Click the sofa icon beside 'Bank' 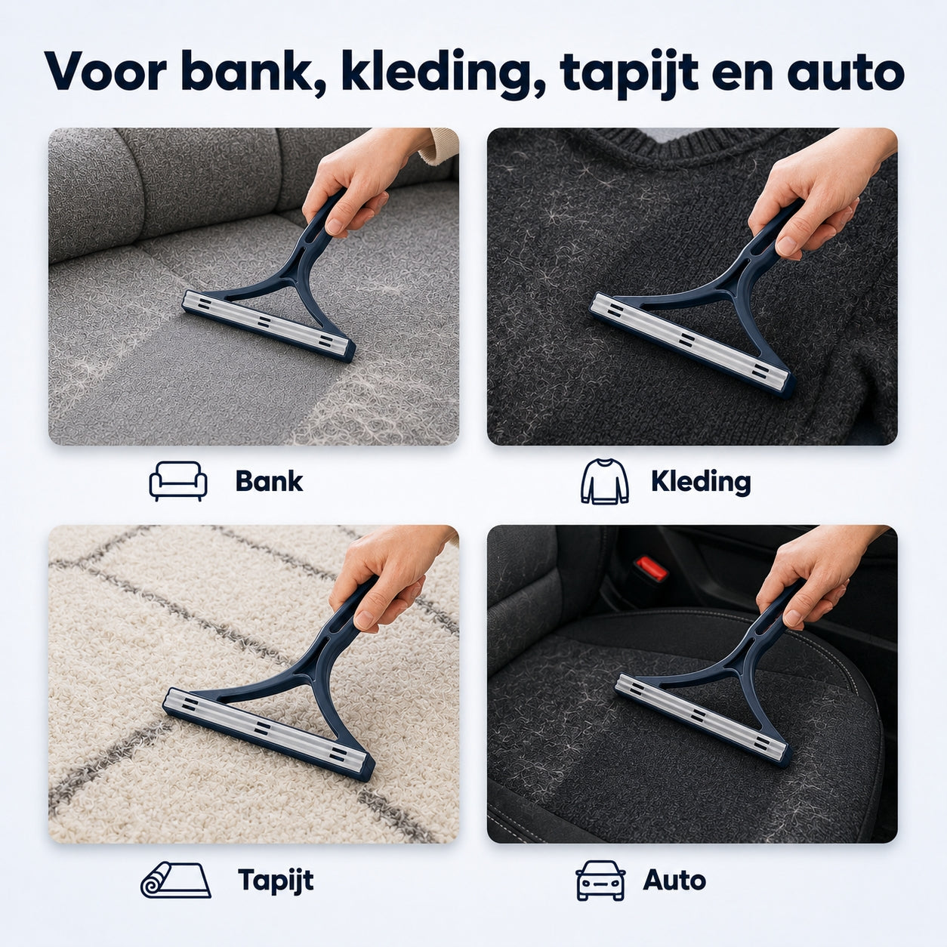[178, 480]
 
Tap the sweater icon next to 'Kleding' [604, 481]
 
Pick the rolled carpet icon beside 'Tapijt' [175, 880]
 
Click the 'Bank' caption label [269, 481]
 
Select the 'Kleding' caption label [701, 482]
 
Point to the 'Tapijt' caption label [276, 881]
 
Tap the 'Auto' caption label [674, 880]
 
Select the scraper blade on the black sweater [692, 341]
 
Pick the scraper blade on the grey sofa [268, 325]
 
